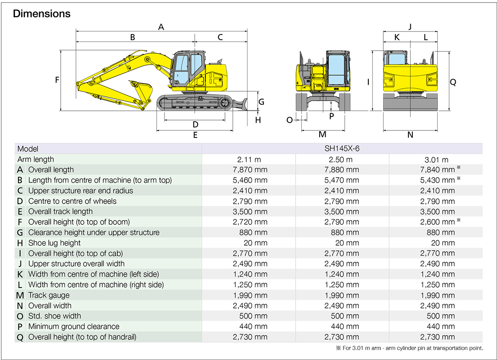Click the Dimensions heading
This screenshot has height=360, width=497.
pos(41,14)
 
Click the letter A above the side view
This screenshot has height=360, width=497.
pos(161,27)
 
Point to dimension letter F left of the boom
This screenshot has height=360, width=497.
pos(57,80)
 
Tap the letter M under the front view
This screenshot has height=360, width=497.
pos(323,134)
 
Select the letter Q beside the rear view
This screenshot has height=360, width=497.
pos(453,82)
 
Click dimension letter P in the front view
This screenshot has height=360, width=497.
pos(331,116)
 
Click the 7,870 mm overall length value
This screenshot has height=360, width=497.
pos(250,170)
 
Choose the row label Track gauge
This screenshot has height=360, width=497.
pos(49,295)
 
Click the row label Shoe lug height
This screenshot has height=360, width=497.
pos(54,243)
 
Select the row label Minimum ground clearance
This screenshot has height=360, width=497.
pos(74,326)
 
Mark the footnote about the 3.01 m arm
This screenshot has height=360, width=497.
pos(409,348)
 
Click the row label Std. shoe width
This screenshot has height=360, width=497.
pos(54,316)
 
